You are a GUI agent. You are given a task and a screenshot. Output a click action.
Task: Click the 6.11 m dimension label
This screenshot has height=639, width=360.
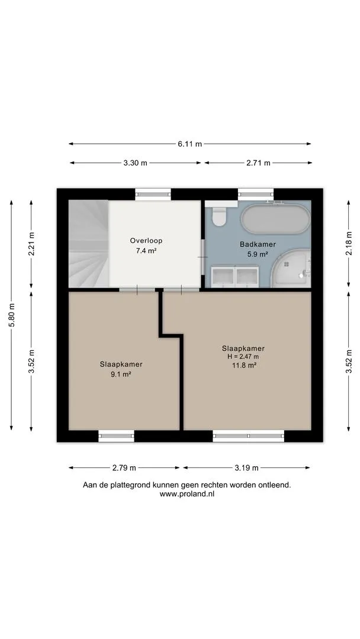[189, 144]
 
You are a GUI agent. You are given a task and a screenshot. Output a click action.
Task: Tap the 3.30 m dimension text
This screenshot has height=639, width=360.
[136, 163]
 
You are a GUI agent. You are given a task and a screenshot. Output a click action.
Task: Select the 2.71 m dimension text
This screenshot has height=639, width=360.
[258, 163]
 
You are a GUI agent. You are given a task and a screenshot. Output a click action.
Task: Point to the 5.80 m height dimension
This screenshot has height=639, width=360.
[12, 315]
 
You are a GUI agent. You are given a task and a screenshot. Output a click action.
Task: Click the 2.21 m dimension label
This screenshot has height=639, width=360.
[32, 243]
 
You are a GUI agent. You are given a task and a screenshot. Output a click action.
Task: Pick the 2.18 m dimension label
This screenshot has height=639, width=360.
[349, 243]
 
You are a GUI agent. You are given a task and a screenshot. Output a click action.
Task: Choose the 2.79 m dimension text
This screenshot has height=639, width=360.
[124, 468]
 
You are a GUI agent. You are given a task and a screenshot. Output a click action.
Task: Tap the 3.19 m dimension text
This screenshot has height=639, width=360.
[246, 468]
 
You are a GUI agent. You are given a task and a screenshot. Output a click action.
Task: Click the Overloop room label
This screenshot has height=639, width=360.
[146, 241]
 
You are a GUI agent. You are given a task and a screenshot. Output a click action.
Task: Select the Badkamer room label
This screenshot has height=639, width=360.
[258, 244]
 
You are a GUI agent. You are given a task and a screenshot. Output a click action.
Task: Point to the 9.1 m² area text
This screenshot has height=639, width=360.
[121, 375]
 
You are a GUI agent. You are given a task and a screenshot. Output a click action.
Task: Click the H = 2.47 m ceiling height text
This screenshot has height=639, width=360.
[243, 357]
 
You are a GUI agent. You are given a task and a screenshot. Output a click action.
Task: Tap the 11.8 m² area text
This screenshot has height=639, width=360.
[243, 366]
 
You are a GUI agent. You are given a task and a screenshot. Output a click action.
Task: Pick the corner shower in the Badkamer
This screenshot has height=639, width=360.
[290, 268]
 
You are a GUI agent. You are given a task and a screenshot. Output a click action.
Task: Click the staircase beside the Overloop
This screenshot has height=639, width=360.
[88, 243]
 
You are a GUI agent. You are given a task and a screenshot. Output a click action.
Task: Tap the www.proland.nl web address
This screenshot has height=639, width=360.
[187, 494]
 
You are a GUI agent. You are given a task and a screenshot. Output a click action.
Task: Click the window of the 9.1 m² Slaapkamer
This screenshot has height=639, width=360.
[117, 436]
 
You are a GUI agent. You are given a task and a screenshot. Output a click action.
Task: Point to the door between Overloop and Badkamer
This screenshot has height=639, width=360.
[202, 257]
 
